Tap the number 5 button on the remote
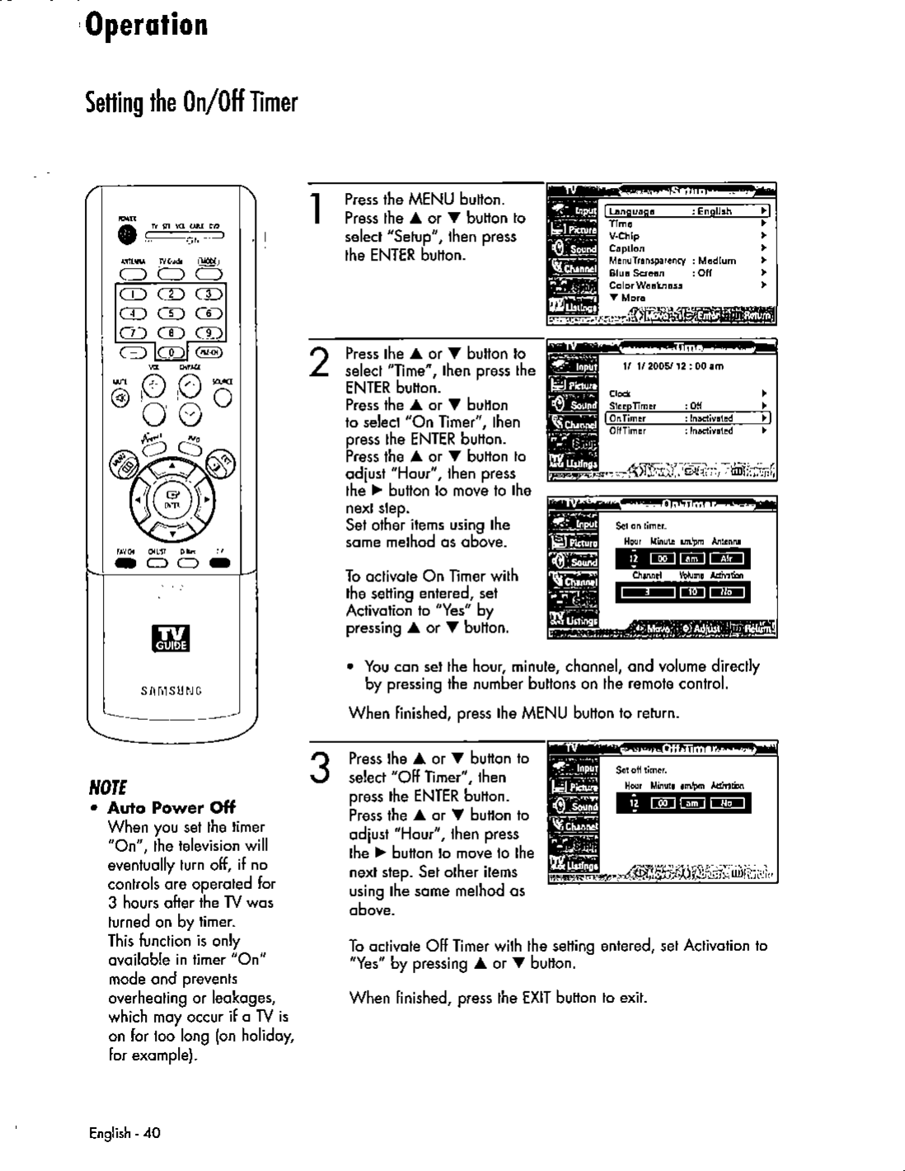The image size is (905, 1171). click(x=170, y=313)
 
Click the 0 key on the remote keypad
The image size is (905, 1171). click(x=171, y=353)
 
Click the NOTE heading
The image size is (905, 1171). click(x=109, y=784)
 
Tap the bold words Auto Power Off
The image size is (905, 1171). click(x=171, y=807)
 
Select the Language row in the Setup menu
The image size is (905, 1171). click(x=687, y=211)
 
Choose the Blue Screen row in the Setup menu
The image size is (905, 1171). click(x=687, y=273)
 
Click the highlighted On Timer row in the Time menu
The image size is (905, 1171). click(x=687, y=418)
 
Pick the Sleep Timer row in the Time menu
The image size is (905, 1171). click(x=687, y=406)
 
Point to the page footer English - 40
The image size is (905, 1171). click(x=124, y=1133)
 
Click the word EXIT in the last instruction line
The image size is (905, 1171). click(x=537, y=998)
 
